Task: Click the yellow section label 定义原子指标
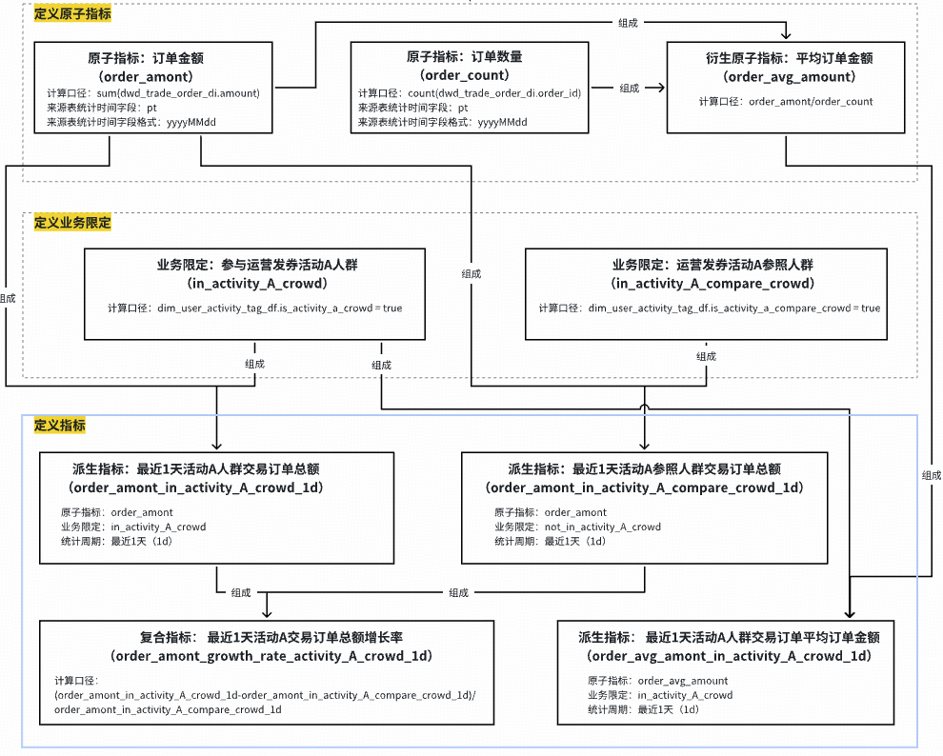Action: pos(72,14)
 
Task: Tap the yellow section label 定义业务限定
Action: pos(72,223)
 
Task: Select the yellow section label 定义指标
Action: pos(60,425)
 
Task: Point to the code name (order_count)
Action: pos(465,75)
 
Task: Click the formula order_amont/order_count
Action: pos(811,101)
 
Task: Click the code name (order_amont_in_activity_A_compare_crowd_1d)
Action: pos(644,487)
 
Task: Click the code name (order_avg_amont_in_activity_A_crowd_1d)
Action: pos(729,656)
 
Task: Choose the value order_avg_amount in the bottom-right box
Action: pos(683,681)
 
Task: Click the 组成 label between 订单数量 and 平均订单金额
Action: pos(630,89)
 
